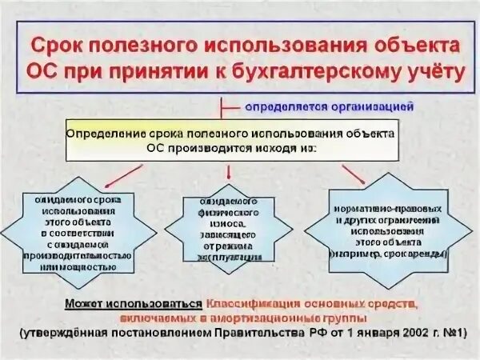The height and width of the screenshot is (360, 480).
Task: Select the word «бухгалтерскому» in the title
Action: click(317, 73)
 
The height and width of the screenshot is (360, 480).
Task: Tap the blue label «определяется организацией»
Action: click(330, 105)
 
